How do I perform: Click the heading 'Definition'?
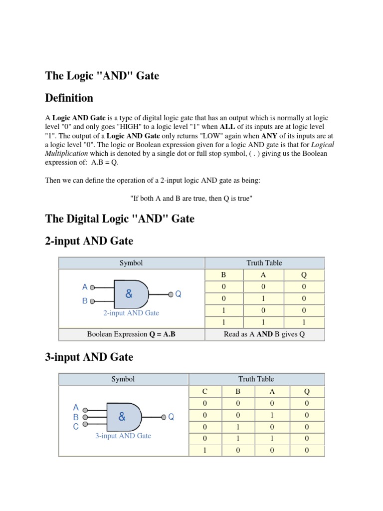(69, 97)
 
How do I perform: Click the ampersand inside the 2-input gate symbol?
(129, 294)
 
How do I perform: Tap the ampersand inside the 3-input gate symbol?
(122, 416)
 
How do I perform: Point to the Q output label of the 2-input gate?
(178, 294)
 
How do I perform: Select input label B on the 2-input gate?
(85, 301)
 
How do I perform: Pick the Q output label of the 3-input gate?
(171, 417)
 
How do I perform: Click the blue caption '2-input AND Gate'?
(131, 313)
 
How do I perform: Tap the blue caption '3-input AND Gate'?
(123, 436)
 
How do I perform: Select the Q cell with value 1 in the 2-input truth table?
(304, 322)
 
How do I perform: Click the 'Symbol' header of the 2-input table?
(131, 263)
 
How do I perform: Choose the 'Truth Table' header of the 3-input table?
(256, 379)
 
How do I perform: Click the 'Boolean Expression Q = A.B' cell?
(131, 334)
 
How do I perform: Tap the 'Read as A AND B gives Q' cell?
(264, 334)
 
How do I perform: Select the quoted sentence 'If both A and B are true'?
(191, 198)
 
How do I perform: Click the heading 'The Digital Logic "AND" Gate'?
(120, 219)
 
